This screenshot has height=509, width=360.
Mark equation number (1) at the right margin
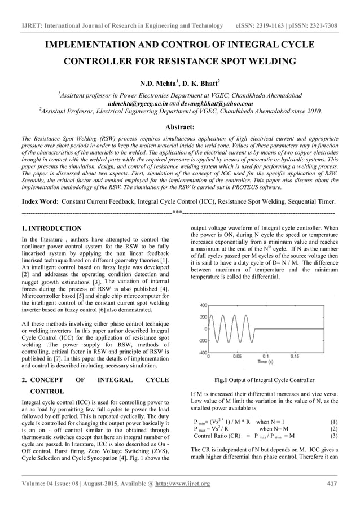pyautogui.click(x=333, y=422)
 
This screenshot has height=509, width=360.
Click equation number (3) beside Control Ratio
pyautogui.click(x=333, y=436)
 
